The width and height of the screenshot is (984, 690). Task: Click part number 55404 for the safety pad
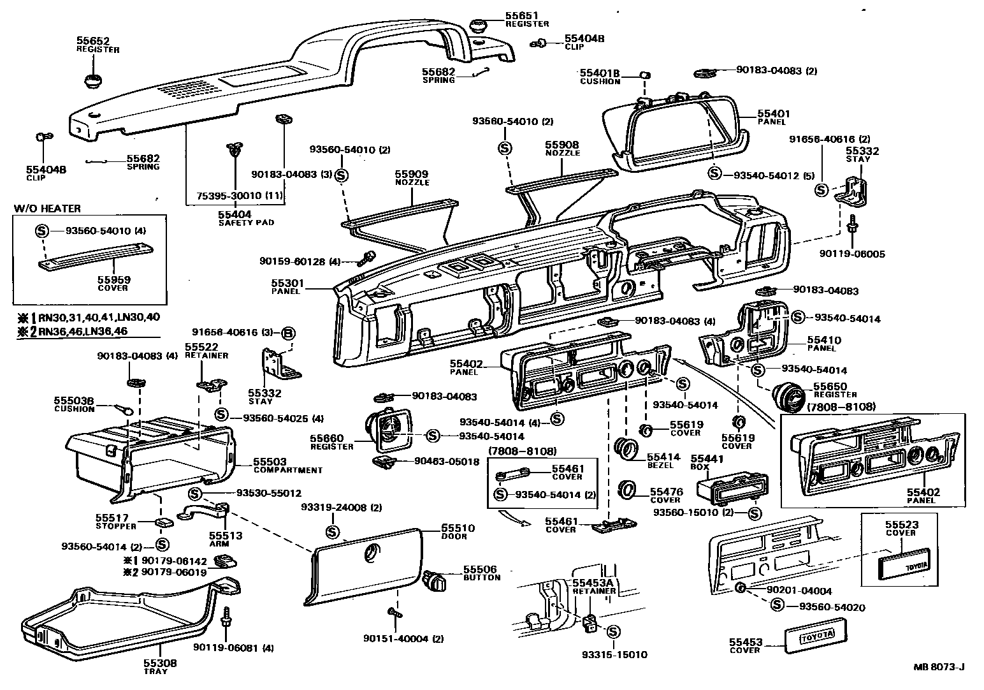tap(235, 214)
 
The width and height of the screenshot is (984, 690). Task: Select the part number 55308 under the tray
tap(159, 663)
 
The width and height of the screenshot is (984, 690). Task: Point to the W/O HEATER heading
tap(47, 208)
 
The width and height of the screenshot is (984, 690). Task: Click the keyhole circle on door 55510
tap(370, 553)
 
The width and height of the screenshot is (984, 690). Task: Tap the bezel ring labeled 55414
tap(626, 446)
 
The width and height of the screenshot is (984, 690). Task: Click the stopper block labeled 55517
tap(164, 524)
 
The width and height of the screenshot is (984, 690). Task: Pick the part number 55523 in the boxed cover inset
tap(901, 524)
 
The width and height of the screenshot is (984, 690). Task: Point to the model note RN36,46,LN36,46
tap(89, 331)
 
